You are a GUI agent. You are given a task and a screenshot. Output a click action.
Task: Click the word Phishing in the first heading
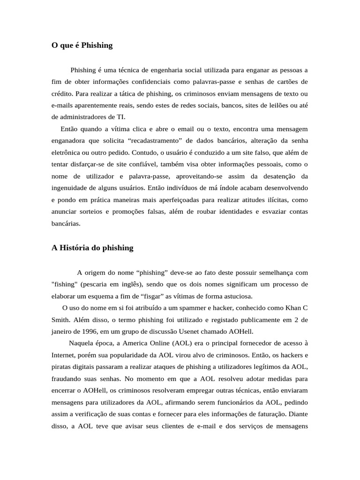click(97, 45)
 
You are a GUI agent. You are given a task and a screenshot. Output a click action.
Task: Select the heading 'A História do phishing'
click(92, 248)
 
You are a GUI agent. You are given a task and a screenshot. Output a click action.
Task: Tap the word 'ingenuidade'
click(67, 188)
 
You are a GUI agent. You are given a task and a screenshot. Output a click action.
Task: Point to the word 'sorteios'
click(88, 212)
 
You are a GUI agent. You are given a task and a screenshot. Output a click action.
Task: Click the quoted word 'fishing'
click(64, 285)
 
